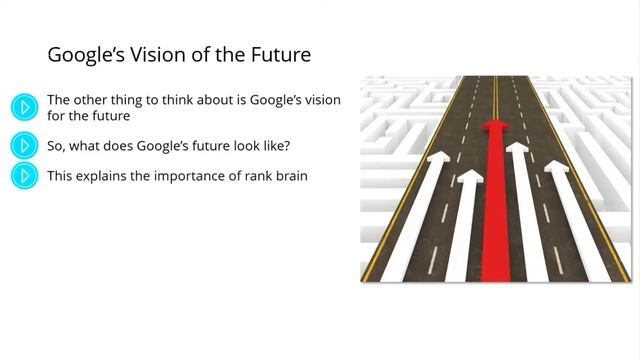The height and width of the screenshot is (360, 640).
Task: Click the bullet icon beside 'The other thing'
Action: point(24,107)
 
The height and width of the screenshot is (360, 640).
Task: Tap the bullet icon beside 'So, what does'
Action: point(24,146)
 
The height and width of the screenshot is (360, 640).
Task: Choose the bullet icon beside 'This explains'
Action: point(24,176)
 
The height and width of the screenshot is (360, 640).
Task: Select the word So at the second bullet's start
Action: point(57,145)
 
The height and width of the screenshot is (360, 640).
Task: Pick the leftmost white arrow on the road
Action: point(424,200)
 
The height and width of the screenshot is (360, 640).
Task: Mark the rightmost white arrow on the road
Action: point(570,200)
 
